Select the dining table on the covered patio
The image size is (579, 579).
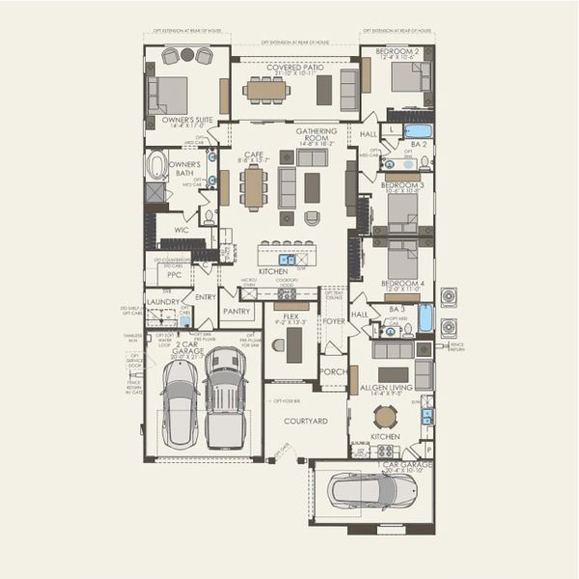[x=265, y=90]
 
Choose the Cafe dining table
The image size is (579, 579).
[x=254, y=187]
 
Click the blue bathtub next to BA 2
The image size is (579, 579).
[x=418, y=130]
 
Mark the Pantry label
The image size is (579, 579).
[x=236, y=312]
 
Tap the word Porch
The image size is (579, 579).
[x=333, y=371]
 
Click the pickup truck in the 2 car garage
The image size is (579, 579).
[x=225, y=398]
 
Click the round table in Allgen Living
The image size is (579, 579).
[x=385, y=416]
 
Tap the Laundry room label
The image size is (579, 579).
[x=163, y=302]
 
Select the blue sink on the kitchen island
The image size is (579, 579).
[x=288, y=259]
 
